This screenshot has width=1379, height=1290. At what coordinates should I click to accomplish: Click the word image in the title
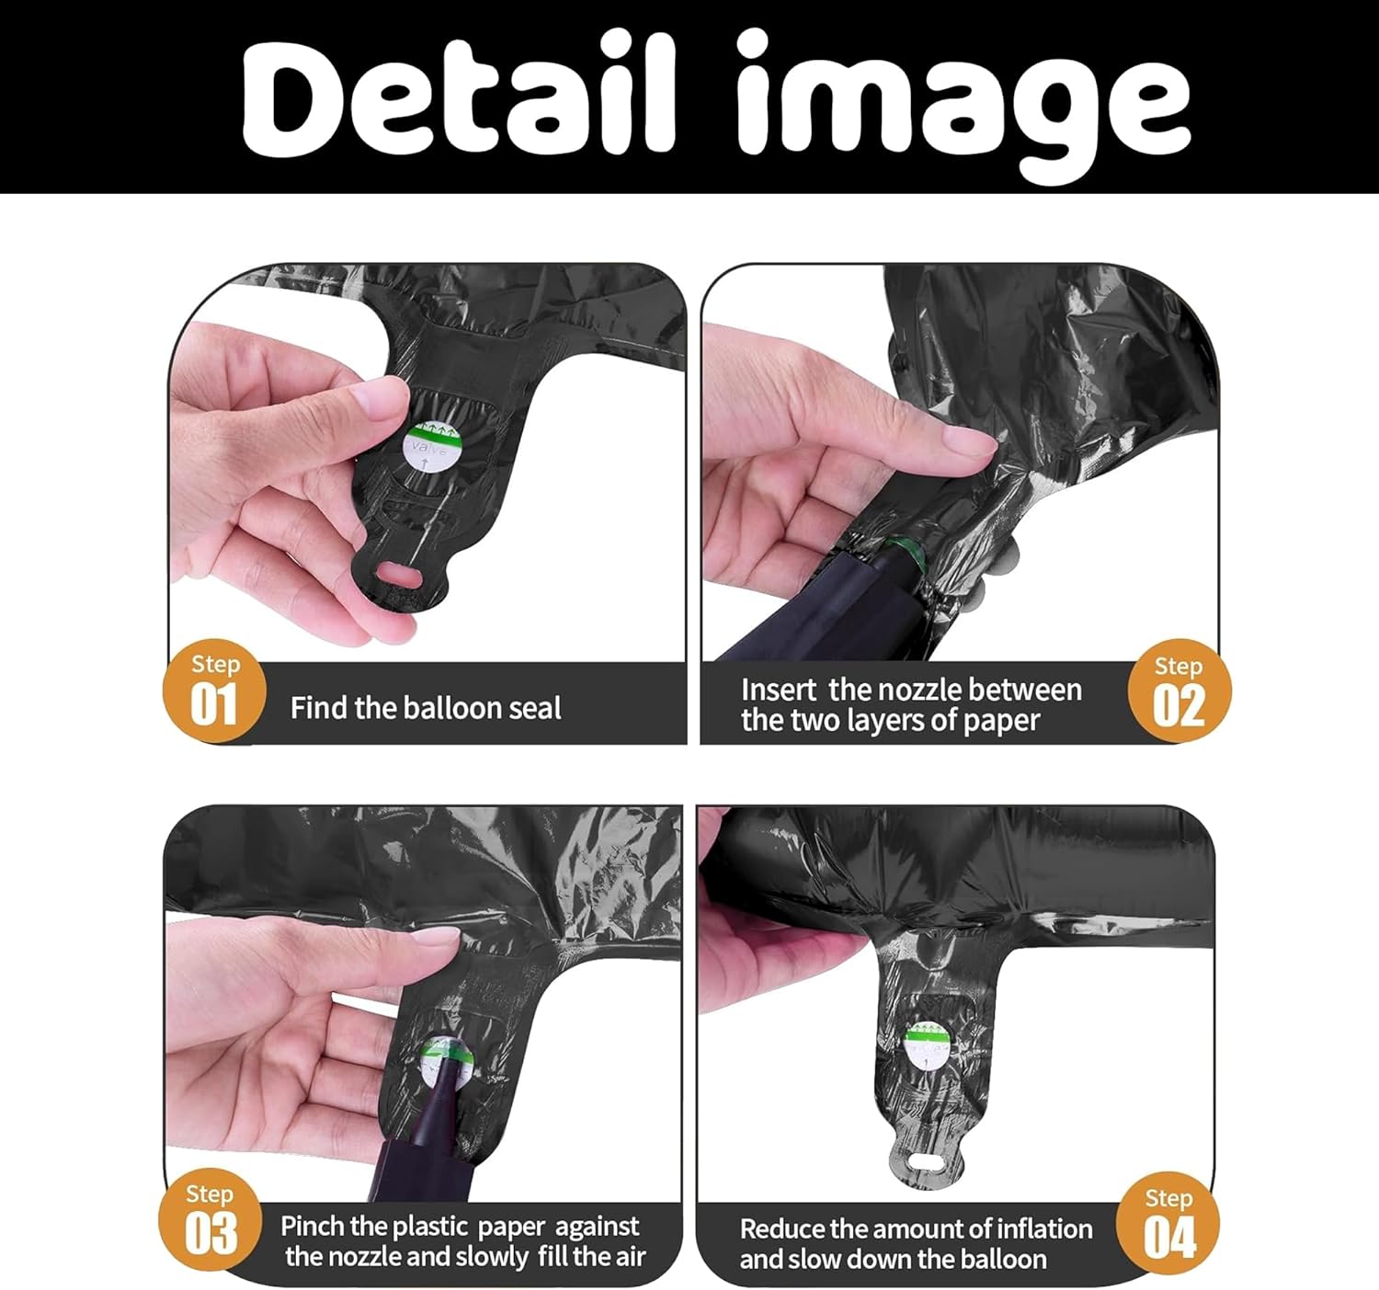(x=963, y=104)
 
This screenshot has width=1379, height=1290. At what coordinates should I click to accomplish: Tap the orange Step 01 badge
(x=214, y=690)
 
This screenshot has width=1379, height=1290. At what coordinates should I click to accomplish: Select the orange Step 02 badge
(x=1179, y=691)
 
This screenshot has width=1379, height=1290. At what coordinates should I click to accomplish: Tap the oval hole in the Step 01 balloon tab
(x=399, y=576)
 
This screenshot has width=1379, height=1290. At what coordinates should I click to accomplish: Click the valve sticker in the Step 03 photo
(x=447, y=1062)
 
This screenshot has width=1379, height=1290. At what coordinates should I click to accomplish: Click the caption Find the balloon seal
(x=425, y=708)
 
